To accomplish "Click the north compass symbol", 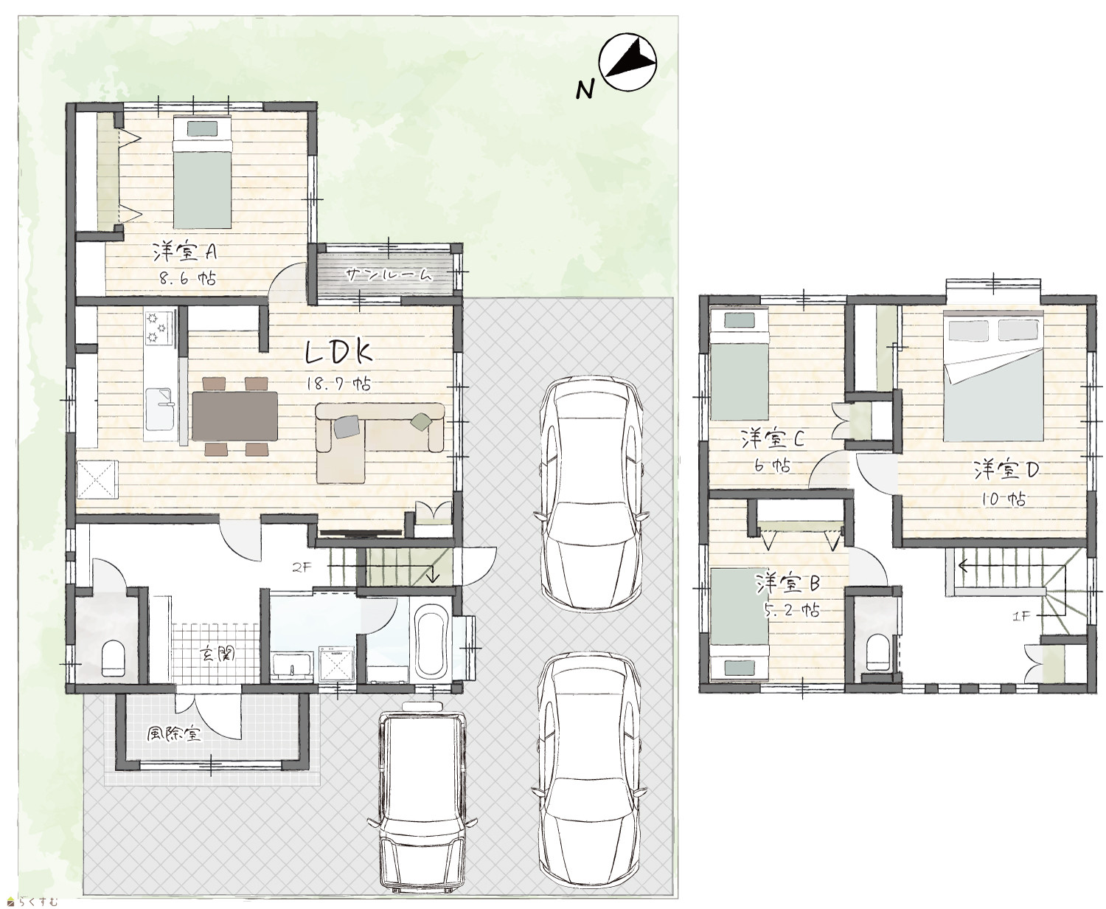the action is (628, 61).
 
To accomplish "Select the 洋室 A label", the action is (184, 253).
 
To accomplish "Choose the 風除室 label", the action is (173, 734).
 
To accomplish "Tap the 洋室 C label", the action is (773, 439).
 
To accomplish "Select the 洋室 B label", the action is (787, 583).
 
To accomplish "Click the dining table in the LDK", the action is (234, 417).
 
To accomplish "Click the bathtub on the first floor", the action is (431, 641).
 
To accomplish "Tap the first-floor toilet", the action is (113, 658).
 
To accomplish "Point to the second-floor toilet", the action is (878, 654).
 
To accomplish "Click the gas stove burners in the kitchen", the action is (159, 328).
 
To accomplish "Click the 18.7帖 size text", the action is (339, 384).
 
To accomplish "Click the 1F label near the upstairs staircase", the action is (1021, 618).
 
